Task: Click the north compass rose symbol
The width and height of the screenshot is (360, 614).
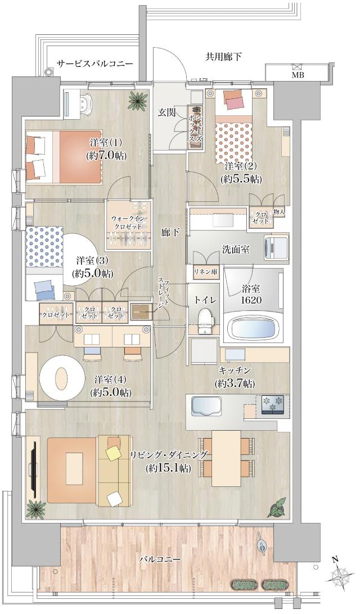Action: [x=340, y=577]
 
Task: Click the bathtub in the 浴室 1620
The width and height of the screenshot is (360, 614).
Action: [x=253, y=327]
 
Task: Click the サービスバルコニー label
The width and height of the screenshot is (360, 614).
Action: [x=95, y=64]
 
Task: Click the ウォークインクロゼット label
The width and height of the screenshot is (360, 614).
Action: [x=128, y=220]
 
